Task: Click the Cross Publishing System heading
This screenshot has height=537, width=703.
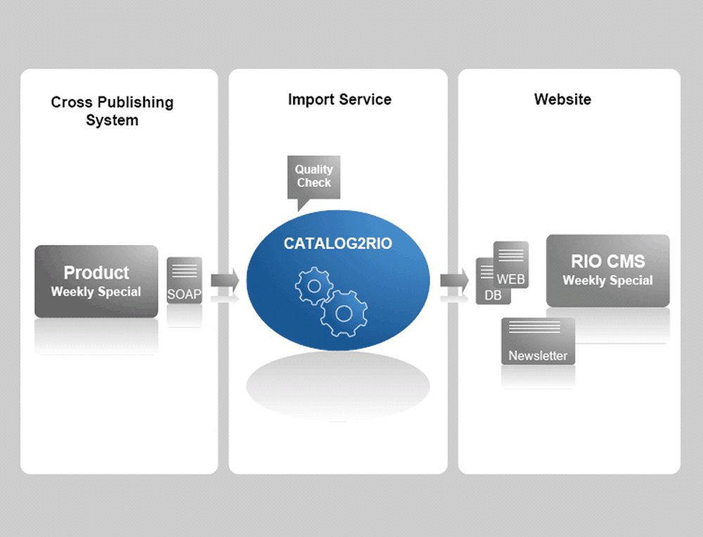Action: point(112,111)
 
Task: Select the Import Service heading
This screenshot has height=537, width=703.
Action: point(340,99)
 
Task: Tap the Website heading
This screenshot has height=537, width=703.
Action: point(562,99)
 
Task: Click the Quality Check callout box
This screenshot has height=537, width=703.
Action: point(314,177)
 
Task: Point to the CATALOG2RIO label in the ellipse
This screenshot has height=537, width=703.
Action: point(337,243)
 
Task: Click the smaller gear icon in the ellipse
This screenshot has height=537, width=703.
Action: point(314,285)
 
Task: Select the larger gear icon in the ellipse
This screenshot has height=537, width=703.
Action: point(344,313)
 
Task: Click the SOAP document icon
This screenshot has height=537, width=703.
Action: point(184,280)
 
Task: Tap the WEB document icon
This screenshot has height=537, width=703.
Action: point(511,264)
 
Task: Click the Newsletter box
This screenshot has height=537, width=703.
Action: point(538,341)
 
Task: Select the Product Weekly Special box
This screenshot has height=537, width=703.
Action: point(96,281)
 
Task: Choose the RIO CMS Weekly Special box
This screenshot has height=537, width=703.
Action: point(608,271)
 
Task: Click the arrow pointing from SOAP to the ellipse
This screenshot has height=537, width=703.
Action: point(225,281)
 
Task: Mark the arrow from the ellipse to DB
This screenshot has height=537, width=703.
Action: point(455,281)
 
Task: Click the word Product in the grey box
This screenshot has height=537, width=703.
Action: point(96,273)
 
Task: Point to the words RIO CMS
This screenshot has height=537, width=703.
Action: point(608,261)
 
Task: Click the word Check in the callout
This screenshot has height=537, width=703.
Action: point(314,183)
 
